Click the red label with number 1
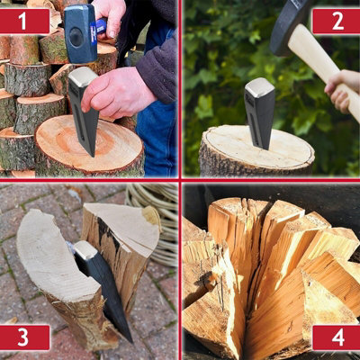tap(24, 21)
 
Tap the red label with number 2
tap(335, 21)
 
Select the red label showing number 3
tap(24, 337)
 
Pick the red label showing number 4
tap(335, 337)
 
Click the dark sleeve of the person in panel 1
tap(160, 67)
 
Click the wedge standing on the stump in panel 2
tap(261, 112)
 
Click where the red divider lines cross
tap(180, 180)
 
